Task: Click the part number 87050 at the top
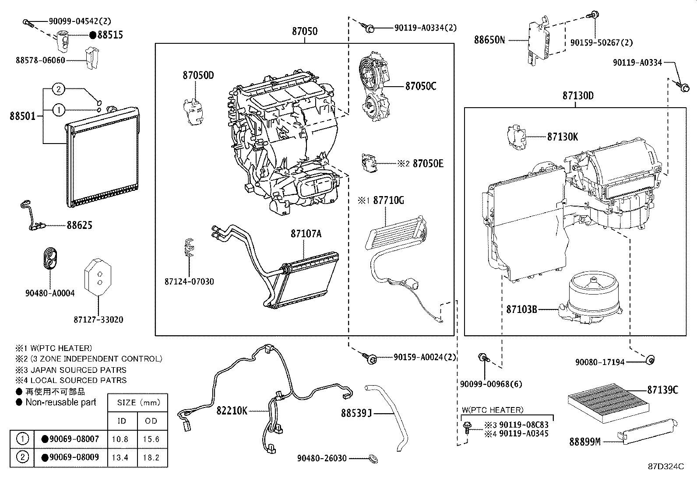pyautogui.click(x=305, y=32)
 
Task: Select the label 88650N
pyautogui.click(x=489, y=40)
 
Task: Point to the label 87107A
pyautogui.click(x=306, y=234)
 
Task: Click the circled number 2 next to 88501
pyautogui.click(x=59, y=89)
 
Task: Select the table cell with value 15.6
pyautogui.click(x=151, y=439)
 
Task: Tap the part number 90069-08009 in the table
pyautogui.click(x=74, y=457)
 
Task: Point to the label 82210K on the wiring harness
pyautogui.click(x=232, y=411)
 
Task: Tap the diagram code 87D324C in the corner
pyautogui.click(x=665, y=467)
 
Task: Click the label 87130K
pyautogui.click(x=562, y=137)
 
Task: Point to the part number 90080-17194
pyautogui.click(x=599, y=362)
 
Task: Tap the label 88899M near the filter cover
pyautogui.click(x=584, y=442)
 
